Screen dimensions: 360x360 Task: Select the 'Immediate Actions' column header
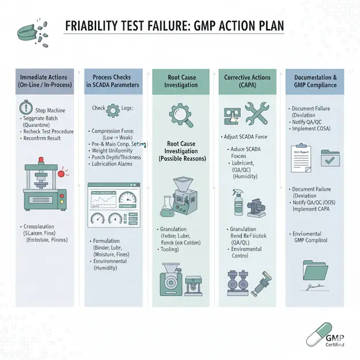click(x=43, y=81)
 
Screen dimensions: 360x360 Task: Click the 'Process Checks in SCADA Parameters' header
click(x=112, y=81)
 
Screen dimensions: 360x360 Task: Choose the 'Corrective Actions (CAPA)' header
click(x=247, y=81)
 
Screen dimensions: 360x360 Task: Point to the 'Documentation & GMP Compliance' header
click(x=315, y=81)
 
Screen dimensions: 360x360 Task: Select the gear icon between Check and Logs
click(x=113, y=109)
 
